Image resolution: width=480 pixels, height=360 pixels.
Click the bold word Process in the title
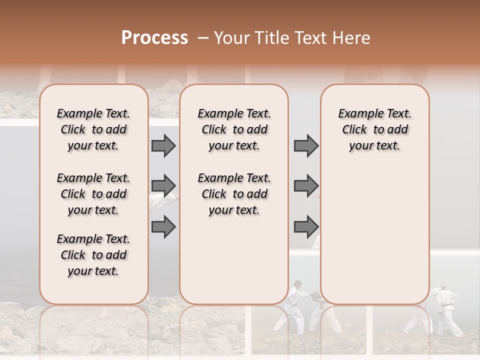(154, 38)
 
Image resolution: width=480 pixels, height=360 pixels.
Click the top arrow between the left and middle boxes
(163, 145)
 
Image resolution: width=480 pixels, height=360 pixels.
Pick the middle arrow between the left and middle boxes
(163, 186)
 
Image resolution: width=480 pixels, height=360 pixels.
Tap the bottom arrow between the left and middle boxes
(163, 226)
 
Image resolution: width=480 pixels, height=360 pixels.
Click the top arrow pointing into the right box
(306, 145)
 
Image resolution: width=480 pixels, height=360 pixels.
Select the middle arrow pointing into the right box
(306, 186)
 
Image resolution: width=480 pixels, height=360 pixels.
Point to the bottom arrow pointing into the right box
(306, 226)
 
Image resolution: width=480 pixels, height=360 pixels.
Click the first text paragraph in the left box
(93, 129)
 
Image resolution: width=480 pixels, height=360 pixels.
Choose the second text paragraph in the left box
(93, 194)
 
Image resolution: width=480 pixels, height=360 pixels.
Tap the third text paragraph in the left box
(93, 255)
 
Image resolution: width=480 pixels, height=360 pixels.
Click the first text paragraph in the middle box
(234, 129)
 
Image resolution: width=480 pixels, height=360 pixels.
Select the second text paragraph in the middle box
(234, 194)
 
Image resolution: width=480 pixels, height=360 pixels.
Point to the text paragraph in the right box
(375, 129)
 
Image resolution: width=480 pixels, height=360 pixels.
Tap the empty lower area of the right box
(375, 235)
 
